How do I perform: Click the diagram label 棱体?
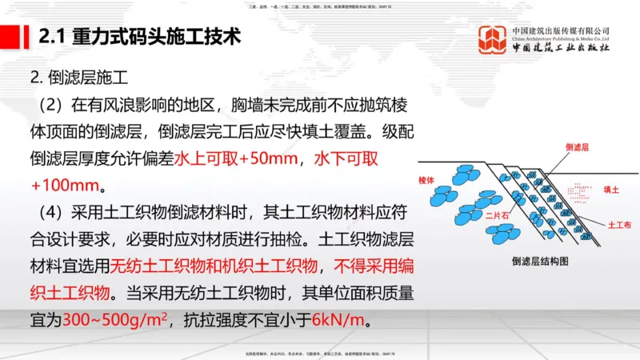426,181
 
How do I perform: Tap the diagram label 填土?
612,190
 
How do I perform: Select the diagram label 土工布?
619,226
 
